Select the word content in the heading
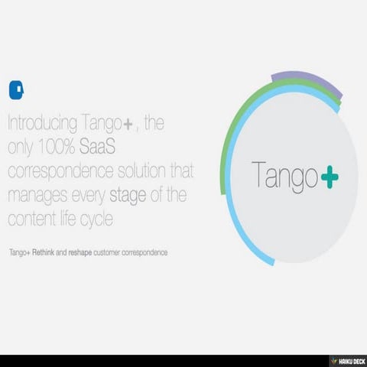(x=32, y=219)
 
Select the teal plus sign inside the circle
(x=330, y=177)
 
